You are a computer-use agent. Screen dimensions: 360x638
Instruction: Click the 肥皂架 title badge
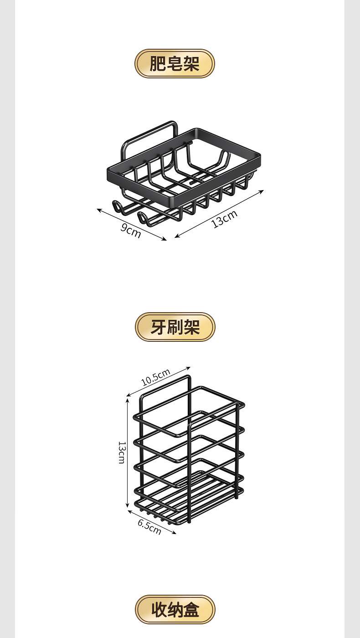[x=175, y=63]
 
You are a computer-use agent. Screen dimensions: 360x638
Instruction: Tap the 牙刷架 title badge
[x=175, y=327]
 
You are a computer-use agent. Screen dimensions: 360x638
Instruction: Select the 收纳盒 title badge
[x=175, y=609]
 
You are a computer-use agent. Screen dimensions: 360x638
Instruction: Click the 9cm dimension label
[x=130, y=232]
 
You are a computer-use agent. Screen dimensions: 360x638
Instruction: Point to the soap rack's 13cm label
[x=225, y=219]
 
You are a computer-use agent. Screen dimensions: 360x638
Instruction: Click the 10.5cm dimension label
[x=155, y=377]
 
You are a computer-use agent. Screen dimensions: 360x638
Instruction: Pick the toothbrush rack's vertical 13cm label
[x=121, y=452]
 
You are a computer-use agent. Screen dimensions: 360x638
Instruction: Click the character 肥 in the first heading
[x=158, y=63]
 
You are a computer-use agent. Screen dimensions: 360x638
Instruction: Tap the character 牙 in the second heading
[x=159, y=327]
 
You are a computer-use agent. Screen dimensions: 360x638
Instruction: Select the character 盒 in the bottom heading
[x=191, y=609]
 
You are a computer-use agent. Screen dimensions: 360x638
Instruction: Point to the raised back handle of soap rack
[x=150, y=132]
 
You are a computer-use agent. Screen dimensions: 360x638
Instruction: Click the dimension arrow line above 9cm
[x=132, y=224]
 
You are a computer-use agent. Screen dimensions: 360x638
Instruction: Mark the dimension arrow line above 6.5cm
[x=152, y=521]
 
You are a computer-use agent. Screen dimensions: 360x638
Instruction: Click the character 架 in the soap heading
[x=191, y=63]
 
